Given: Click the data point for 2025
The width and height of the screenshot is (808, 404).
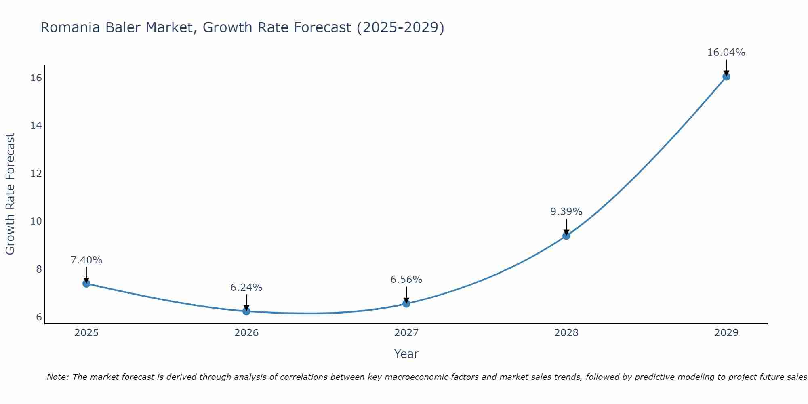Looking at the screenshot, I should [x=86, y=284].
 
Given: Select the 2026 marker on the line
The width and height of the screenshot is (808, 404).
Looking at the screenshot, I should [x=246, y=311].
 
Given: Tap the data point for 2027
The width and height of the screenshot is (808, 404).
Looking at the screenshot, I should [x=406, y=303].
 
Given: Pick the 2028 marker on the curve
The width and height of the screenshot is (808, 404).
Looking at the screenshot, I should [x=566, y=236].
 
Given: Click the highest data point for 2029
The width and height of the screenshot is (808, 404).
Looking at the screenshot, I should [x=726, y=76].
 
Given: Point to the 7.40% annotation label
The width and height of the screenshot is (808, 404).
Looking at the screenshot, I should [x=86, y=260].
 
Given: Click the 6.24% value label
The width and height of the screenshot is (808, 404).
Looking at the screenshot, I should [x=246, y=288].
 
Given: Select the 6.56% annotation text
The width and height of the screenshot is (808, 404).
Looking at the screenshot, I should [x=406, y=280].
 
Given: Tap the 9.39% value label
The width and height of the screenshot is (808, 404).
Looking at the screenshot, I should [x=566, y=212].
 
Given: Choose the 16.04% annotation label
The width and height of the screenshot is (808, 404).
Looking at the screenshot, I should [x=726, y=53].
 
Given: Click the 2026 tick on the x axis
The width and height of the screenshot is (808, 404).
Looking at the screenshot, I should [x=246, y=333].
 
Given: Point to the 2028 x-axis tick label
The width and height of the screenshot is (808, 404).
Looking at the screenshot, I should [x=566, y=333].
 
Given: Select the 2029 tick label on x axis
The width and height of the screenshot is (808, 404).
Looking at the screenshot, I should [x=726, y=333].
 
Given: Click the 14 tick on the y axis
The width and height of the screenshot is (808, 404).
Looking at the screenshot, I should [x=36, y=126].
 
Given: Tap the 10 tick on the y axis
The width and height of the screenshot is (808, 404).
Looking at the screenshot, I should [x=36, y=221].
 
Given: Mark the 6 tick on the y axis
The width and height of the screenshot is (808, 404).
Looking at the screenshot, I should [x=39, y=317].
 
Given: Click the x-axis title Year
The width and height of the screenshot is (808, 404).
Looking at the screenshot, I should [x=406, y=354].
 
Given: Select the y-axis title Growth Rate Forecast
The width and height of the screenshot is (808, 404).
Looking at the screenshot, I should [x=11, y=194].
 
